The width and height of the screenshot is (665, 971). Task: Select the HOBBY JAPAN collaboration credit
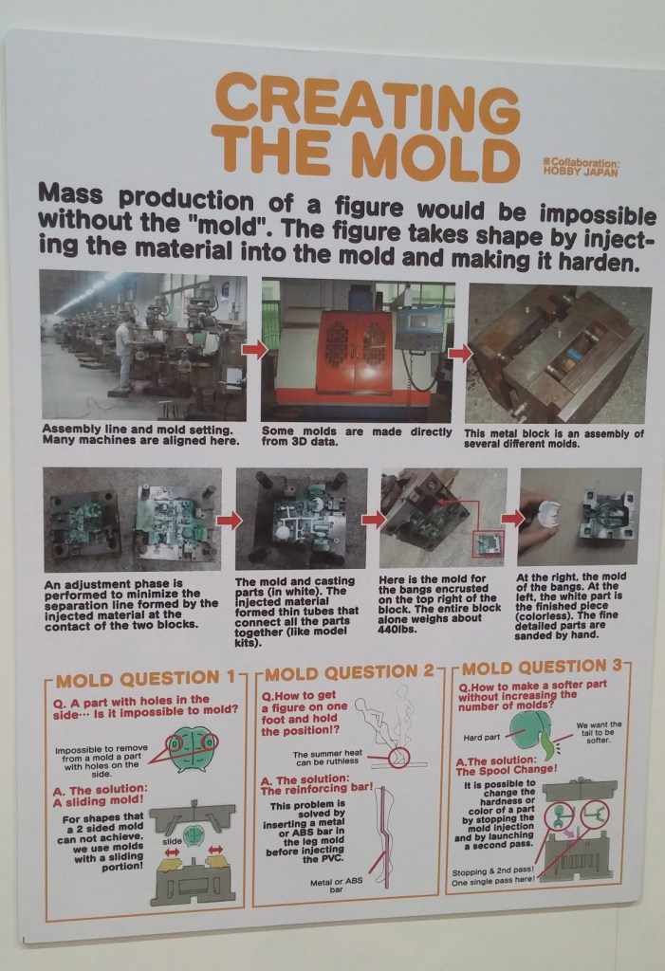[581, 169]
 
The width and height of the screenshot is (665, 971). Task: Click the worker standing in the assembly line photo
[125, 353]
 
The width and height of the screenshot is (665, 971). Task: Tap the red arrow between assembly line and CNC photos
[254, 350]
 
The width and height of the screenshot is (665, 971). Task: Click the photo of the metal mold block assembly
[559, 355]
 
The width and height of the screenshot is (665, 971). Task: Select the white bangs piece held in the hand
[548, 513]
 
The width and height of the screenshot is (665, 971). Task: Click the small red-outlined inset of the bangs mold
[489, 543]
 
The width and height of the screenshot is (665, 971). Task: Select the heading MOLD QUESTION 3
[542, 668]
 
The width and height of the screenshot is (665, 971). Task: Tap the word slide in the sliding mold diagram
[172, 842]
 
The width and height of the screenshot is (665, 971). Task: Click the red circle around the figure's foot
[398, 758]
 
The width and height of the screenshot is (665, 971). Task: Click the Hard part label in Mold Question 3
[482, 737]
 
